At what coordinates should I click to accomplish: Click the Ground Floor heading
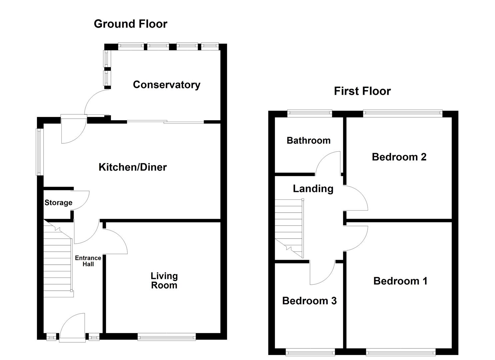click(x=130, y=24)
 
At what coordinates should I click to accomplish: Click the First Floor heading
click(x=362, y=91)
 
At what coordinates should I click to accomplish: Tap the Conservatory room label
click(x=166, y=85)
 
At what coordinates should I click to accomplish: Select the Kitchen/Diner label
click(x=132, y=167)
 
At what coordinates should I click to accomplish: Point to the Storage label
click(x=58, y=203)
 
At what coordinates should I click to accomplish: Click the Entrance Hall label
click(x=88, y=261)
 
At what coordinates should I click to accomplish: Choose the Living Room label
click(x=164, y=281)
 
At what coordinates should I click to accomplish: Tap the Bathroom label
click(x=308, y=140)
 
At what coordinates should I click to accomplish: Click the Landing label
click(x=313, y=189)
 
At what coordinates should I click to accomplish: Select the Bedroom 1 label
click(x=400, y=281)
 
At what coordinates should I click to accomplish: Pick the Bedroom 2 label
click(x=399, y=157)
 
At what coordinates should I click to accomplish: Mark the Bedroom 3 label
click(x=309, y=301)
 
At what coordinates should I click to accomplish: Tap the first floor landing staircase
click(x=289, y=228)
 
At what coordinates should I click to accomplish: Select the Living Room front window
click(x=167, y=338)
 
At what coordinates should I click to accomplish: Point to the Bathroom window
click(x=310, y=114)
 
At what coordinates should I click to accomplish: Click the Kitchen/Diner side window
click(x=40, y=152)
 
